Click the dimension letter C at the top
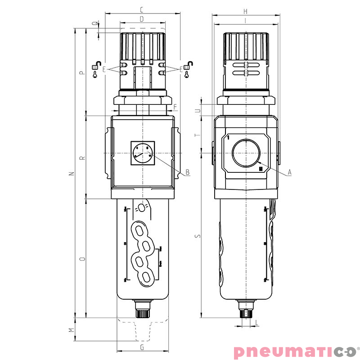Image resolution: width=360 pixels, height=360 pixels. pyautogui.click(x=142, y=9)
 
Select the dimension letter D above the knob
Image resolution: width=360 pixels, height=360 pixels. pyautogui.click(x=142, y=19)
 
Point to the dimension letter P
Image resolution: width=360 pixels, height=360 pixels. pyautogui.click(x=81, y=72)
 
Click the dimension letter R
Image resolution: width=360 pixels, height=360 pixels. pyautogui.click(x=81, y=158)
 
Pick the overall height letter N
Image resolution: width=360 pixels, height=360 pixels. pyautogui.click(x=70, y=174)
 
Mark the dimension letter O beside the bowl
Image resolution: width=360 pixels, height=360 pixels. pyautogui.click(x=81, y=259)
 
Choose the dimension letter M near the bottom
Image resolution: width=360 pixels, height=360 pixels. pyautogui.click(x=71, y=330)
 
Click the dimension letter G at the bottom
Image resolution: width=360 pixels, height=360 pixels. pyautogui.click(x=142, y=347)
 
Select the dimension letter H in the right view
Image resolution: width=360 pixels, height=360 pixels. pyautogui.click(x=245, y=11)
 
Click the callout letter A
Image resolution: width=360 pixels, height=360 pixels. pyautogui.click(x=290, y=172)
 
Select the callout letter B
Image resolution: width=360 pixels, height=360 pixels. pyautogui.click(x=187, y=172)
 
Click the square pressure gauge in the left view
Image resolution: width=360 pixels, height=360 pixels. pyautogui.click(x=142, y=153)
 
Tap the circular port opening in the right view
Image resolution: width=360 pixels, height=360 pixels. pyautogui.click(x=246, y=153)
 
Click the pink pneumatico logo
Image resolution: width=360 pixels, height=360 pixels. pyautogui.click(x=295, y=351)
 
